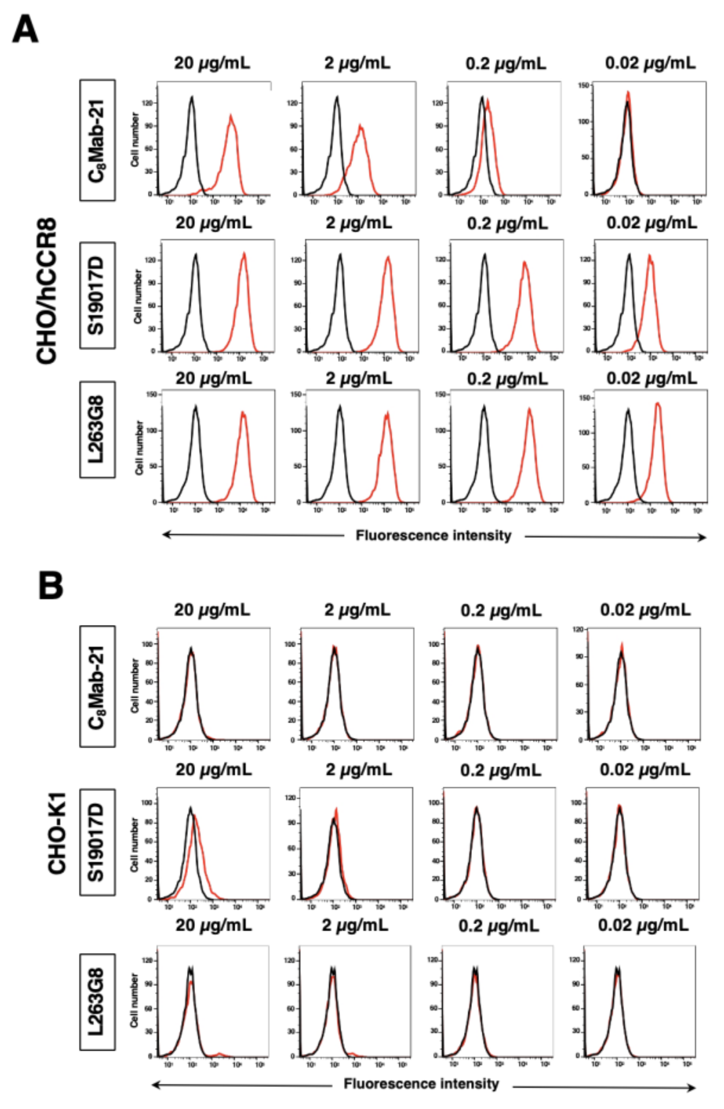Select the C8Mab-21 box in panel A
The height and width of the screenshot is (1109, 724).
pyautogui.click(x=97, y=140)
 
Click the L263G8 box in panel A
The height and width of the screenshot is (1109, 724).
pyautogui.click(x=97, y=429)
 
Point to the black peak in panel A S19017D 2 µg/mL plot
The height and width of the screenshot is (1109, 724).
pyautogui.click(x=340, y=255)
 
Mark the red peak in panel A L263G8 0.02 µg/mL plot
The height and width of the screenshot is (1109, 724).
pyautogui.click(x=657, y=404)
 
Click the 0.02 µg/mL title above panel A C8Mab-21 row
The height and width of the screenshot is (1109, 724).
pyautogui.click(x=650, y=63)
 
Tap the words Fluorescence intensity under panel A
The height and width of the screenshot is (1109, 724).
pyautogui.click(x=433, y=535)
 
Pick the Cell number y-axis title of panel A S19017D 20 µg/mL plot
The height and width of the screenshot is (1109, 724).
pyautogui.click(x=138, y=296)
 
